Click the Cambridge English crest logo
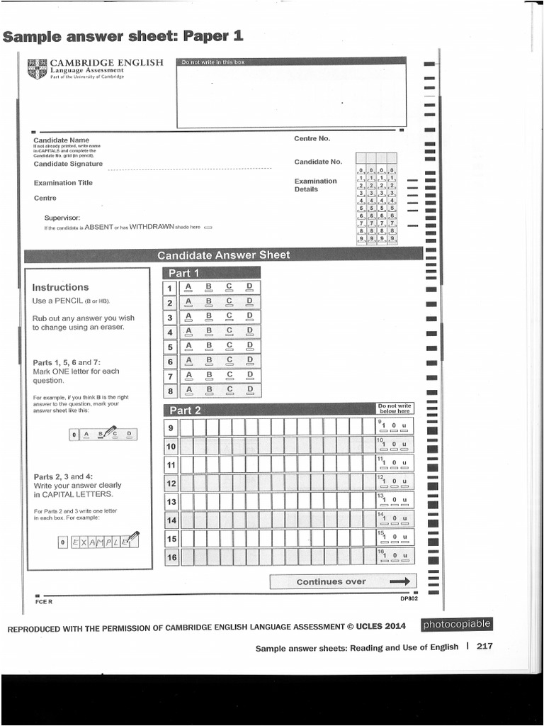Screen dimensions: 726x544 (x=38, y=69)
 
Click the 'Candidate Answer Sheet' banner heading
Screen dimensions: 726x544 (x=223, y=255)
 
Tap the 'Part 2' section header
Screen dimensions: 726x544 (x=185, y=410)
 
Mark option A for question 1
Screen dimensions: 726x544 (x=188, y=289)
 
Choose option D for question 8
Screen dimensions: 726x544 (x=249, y=391)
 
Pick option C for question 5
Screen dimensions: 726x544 (x=229, y=347)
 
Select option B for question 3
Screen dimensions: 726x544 (x=208, y=318)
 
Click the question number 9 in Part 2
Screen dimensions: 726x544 (x=171, y=428)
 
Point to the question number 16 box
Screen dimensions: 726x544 (x=171, y=557)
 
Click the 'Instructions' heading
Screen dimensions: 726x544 (x=60, y=287)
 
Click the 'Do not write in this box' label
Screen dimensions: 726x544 (x=213, y=62)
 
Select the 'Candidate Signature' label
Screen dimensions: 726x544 (x=68, y=164)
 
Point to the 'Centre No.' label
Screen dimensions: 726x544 (x=312, y=138)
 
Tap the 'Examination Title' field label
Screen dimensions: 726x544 (x=63, y=183)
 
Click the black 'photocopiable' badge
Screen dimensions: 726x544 (x=456, y=625)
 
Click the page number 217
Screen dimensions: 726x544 (x=484, y=646)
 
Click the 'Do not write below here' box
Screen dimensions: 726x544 (x=395, y=408)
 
